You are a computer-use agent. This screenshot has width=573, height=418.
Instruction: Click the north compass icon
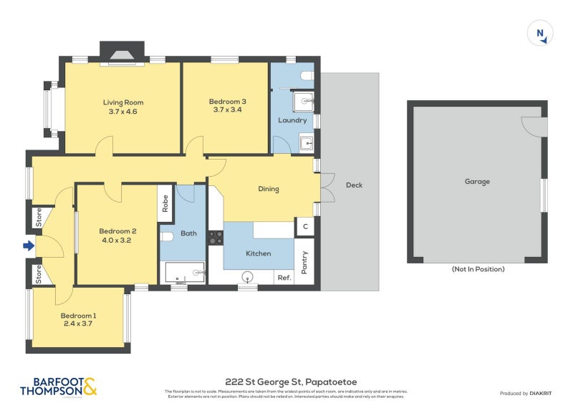[541, 34]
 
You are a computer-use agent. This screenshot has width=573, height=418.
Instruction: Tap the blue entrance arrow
[29, 246]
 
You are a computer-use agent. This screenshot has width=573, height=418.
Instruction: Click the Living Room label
[120, 102]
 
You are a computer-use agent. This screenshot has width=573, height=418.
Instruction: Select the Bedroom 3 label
[228, 102]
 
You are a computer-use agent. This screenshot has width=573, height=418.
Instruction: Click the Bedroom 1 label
[77, 316]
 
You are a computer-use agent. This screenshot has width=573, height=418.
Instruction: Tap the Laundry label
[292, 120]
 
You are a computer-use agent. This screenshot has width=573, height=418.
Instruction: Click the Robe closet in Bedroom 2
[165, 204]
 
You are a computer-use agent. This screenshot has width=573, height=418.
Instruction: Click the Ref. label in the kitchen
[284, 278]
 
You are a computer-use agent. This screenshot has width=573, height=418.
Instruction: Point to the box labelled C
[305, 227]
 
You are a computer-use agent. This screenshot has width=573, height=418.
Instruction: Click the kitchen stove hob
[215, 237]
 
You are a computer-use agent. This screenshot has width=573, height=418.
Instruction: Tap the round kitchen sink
[249, 276]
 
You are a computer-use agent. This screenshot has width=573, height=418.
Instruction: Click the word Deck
[354, 185]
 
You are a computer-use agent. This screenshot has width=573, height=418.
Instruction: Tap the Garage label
[477, 182]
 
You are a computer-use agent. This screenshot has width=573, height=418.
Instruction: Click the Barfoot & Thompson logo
[58, 387]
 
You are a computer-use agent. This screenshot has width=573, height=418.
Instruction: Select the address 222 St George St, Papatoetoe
[286, 383]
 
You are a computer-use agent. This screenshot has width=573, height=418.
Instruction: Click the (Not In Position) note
[477, 269]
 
